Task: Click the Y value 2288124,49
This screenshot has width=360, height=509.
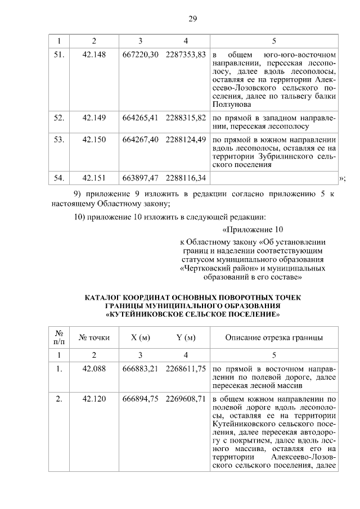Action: [186, 140]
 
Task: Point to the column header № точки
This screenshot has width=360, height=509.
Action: [94, 337]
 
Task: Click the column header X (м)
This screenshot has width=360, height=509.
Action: [141, 337]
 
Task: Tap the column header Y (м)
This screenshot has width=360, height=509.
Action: [186, 337]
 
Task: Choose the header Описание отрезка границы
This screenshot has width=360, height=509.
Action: [274, 337]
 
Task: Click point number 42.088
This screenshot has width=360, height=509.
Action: [94, 368]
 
